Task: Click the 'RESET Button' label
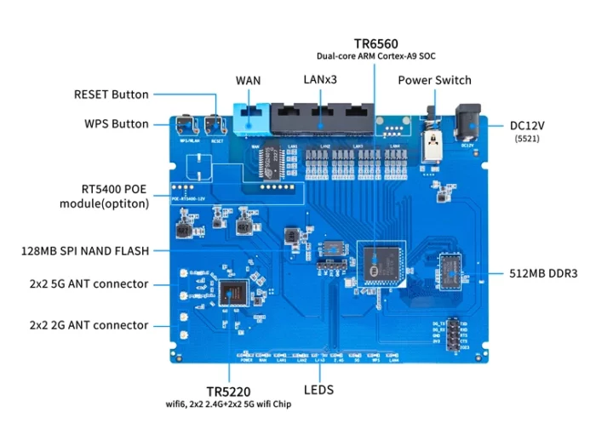coord(111,94)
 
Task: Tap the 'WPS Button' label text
coord(116,123)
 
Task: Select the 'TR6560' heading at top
coord(376,43)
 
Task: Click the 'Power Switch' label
coord(434,81)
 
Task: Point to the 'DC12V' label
coord(527,125)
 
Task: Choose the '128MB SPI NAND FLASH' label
coord(85,251)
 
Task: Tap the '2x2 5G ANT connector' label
coord(89,283)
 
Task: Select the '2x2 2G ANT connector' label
coord(89,325)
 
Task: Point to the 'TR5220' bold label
coord(228,390)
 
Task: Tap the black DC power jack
coord(467,123)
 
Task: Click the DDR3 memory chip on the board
coord(450,274)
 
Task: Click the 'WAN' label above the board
coord(248,81)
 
